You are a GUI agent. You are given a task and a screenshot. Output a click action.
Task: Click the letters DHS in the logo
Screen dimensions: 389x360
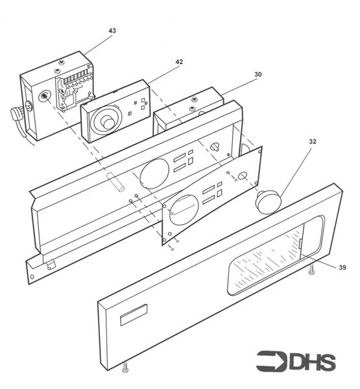(x=311, y=360)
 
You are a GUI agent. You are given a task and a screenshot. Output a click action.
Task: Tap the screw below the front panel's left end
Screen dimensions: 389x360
(x=125, y=370)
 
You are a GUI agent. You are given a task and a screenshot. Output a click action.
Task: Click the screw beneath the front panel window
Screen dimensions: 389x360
(x=313, y=274)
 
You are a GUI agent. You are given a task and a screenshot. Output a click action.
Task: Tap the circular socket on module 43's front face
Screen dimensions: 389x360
(x=44, y=96)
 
